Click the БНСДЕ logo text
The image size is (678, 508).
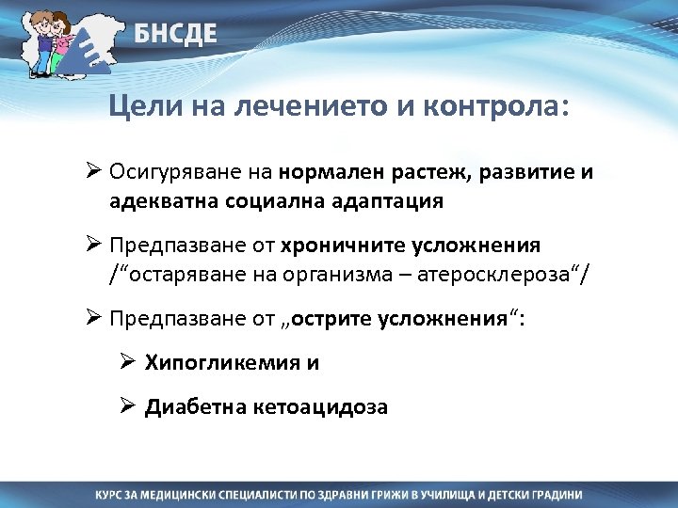(174, 35)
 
